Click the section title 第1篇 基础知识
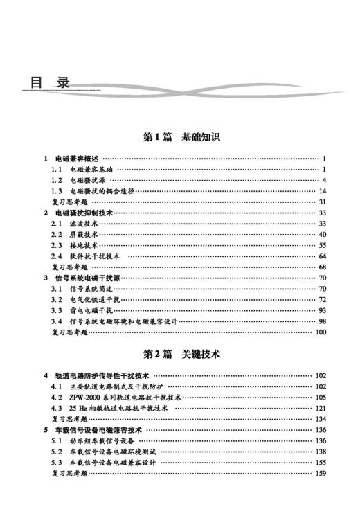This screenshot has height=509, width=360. [181, 138]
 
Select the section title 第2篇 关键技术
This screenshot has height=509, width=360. [181, 354]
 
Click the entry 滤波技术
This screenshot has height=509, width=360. [83, 224]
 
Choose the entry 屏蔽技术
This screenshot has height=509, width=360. [83, 235]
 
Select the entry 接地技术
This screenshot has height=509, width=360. [83, 245]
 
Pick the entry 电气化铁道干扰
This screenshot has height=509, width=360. [95, 299]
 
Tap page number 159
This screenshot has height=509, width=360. [320, 473]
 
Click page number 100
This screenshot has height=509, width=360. [320, 332]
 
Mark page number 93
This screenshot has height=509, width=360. [322, 310]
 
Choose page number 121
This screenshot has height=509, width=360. [320, 408]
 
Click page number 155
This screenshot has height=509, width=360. [320, 462]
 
